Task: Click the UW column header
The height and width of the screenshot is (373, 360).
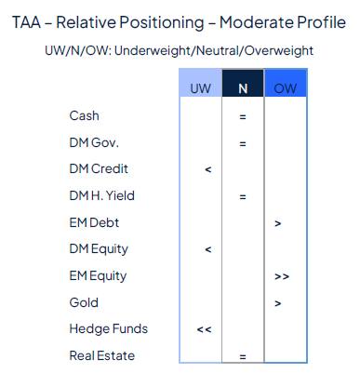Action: click(x=201, y=87)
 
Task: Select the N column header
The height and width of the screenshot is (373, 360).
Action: click(x=243, y=87)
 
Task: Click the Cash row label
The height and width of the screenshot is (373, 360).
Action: click(x=84, y=116)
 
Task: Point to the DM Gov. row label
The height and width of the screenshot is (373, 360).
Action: click(x=92, y=143)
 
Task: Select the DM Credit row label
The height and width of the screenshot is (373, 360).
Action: click(x=99, y=169)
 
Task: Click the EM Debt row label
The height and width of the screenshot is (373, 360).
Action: click(x=94, y=223)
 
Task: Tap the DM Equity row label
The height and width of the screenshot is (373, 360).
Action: click(x=99, y=249)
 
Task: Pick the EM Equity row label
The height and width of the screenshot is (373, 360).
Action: click(x=98, y=276)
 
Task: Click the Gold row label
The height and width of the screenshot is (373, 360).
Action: click(x=84, y=302)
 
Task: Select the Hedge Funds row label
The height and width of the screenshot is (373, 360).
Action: click(x=108, y=329)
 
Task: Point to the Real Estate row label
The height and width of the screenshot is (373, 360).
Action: click(x=102, y=355)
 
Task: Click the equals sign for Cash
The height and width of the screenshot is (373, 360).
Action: click(x=242, y=117)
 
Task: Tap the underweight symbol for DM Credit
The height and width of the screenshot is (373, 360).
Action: click(x=207, y=170)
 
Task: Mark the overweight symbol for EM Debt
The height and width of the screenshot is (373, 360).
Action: click(x=279, y=224)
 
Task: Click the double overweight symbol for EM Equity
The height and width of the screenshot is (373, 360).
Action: click(x=281, y=277)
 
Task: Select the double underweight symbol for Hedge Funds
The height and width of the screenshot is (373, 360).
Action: click(x=204, y=330)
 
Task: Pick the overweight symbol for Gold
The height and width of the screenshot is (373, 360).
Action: click(x=279, y=303)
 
